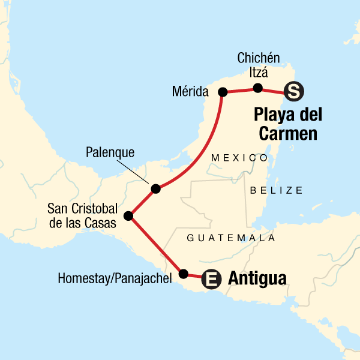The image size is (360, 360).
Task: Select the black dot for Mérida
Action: tap(223, 92)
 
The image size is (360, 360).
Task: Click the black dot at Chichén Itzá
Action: tap(258, 88)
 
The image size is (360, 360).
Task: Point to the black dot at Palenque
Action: tap(155, 188)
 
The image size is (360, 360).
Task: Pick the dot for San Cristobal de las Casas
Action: tap(128, 215)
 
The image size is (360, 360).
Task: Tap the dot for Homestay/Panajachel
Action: tap(184, 274)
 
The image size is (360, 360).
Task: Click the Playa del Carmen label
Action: tap(288, 124)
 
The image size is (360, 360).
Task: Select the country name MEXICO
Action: tap(239, 157)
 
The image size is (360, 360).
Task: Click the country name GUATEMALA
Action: tap(231, 238)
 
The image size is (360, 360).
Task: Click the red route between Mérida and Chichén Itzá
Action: tap(240, 91)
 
